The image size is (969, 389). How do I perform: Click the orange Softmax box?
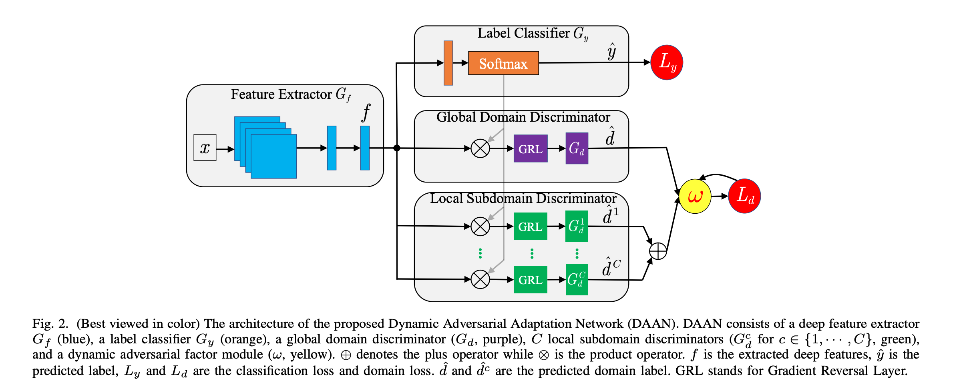coord(503,63)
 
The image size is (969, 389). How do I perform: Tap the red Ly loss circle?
coord(666,62)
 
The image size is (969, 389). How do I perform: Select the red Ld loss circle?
coord(744,196)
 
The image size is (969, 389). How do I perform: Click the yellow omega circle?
coord(695,196)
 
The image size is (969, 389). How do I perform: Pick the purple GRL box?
coord(530,148)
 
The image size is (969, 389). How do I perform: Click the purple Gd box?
coord(577,148)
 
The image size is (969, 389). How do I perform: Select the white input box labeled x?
coord(205,148)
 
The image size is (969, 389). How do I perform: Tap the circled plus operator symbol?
coord(657,251)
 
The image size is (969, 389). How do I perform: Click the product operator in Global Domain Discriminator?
coord(480,148)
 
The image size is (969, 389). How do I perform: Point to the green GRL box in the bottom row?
coord(530,280)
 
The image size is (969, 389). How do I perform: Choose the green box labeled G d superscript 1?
coord(576,226)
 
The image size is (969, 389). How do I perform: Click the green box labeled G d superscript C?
coord(577,280)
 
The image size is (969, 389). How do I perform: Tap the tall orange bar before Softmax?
coord(448,63)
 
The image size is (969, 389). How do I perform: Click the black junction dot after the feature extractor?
coord(397,148)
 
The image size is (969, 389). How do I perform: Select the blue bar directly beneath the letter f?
coord(365,148)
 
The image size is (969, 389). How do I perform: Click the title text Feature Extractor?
coord(281,94)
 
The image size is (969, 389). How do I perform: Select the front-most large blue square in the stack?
coord(273,156)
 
